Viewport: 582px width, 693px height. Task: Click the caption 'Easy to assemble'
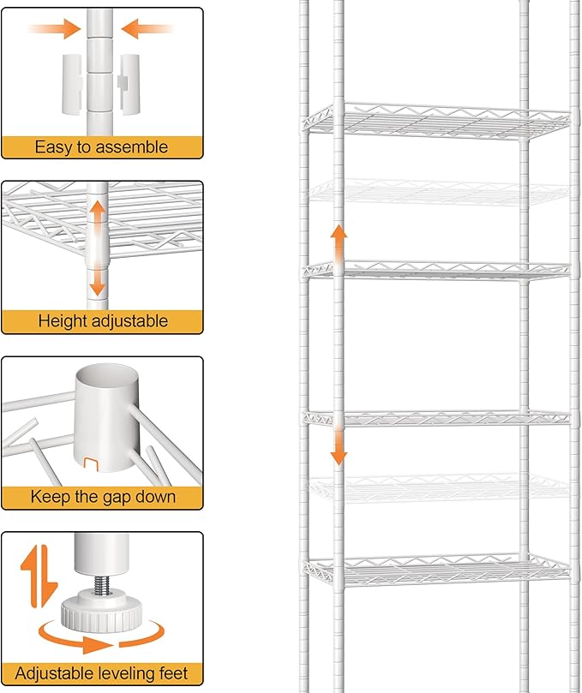point(101,147)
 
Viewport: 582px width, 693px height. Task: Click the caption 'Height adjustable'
point(102,321)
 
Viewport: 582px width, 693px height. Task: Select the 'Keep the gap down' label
point(102,496)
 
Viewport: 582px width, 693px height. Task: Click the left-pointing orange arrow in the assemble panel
point(143,30)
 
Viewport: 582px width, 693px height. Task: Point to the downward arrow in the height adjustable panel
point(99,276)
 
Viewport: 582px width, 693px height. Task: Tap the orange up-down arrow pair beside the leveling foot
point(33,573)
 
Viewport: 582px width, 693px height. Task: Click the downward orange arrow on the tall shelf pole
point(339,445)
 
